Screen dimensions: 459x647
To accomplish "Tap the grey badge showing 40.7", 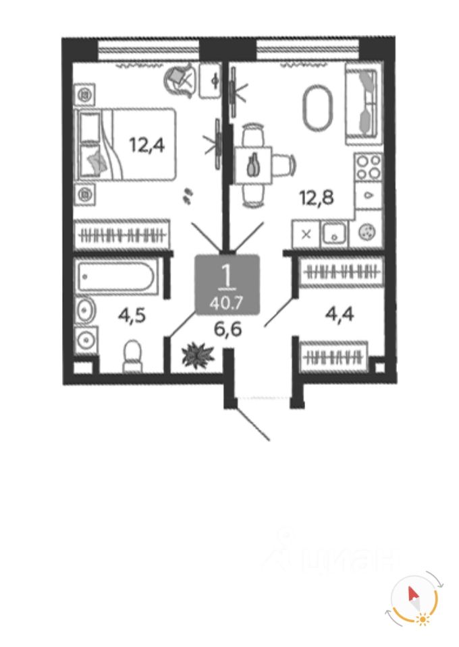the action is (x=227, y=284).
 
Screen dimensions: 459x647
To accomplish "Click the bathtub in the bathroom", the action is (x=115, y=276).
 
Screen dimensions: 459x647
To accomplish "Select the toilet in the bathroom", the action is (x=132, y=356).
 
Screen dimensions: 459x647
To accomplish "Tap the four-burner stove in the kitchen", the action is (x=369, y=168).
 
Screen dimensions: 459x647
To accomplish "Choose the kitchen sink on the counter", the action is (x=333, y=234).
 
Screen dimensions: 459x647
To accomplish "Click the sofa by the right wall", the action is (x=364, y=103).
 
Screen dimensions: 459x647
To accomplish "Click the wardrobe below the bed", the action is (x=122, y=235).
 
